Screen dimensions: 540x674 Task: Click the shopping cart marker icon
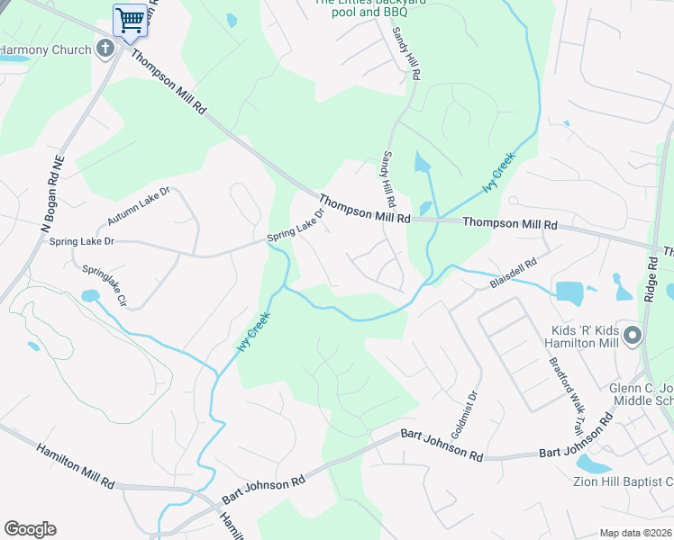pos(131,19)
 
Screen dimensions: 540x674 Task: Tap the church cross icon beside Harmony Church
pos(105,49)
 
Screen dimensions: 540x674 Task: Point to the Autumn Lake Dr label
pos(139,207)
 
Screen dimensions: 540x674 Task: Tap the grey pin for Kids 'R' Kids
pos(633,337)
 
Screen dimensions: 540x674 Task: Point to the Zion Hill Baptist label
pos(622,481)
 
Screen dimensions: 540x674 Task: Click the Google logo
pos(30,529)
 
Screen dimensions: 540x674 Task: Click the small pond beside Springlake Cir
pos(89,295)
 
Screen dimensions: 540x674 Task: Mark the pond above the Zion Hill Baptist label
pos(592,463)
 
